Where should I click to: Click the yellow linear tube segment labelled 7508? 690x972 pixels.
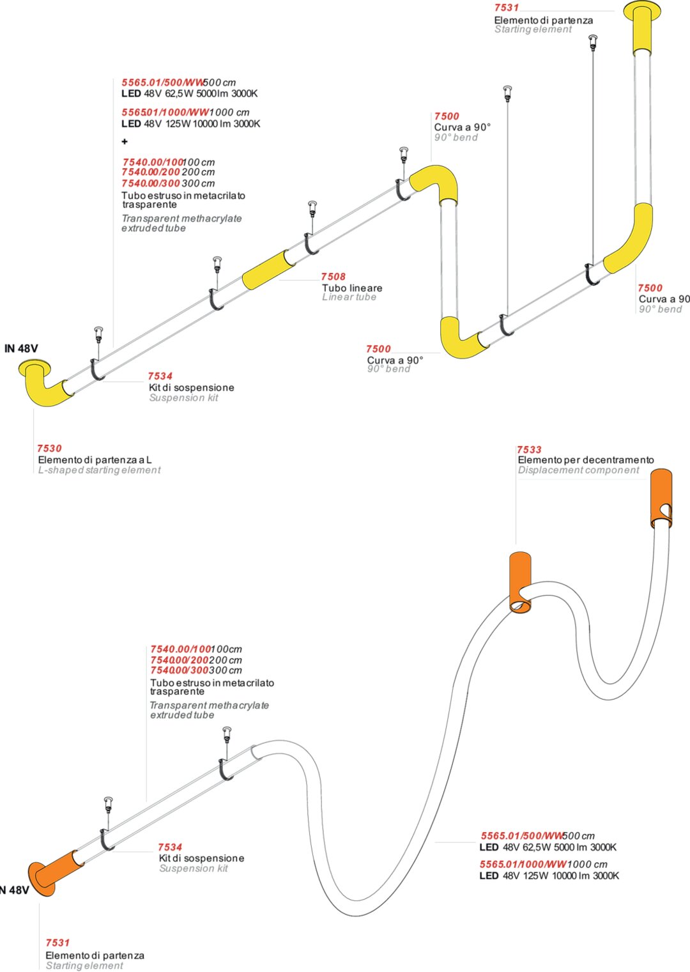tap(268, 270)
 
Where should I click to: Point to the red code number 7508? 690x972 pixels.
tap(333, 277)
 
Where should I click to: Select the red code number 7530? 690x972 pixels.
tap(49, 449)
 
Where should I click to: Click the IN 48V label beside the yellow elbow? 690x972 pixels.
tap(21, 348)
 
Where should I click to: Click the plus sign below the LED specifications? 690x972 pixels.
tap(125, 141)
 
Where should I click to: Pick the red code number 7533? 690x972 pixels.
tap(529, 450)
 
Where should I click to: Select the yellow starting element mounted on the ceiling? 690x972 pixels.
tap(643, 29)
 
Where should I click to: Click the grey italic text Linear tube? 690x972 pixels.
tap(349, 297)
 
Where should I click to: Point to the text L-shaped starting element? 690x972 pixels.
tap(99, 470)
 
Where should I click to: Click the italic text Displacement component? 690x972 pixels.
tap(578, 470)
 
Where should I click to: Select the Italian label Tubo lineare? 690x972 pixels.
tap(352, 288)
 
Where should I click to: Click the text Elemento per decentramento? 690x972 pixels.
tap(586, 460)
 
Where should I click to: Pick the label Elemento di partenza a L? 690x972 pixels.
tap(95, 459)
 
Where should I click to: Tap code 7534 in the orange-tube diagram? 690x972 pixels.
tap(170, 847)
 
